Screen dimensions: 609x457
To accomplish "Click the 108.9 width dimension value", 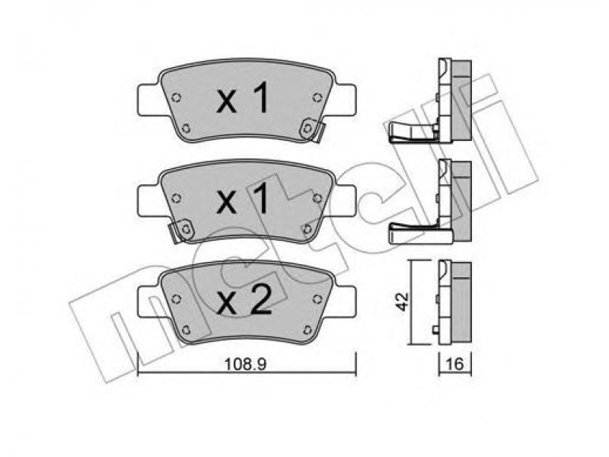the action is (245, 365).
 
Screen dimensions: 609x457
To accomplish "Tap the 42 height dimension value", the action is (403, 301).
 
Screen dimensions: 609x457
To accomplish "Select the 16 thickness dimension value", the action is (454, 365).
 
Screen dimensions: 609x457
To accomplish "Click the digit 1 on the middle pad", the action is (261, 198).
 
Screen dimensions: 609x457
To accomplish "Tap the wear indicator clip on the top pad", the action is (312, 130).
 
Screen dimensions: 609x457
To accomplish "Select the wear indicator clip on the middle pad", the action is (182, 231).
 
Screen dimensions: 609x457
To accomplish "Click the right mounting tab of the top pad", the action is (345, 100).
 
